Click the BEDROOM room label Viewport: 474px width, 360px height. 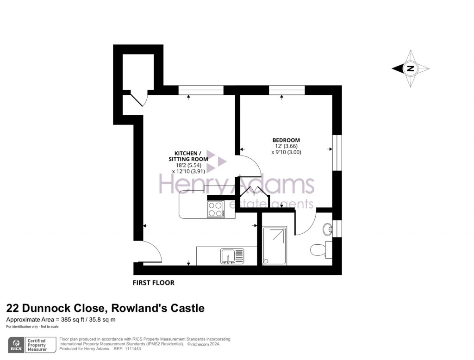[286, 140]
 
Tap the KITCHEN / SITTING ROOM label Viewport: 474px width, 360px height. [187, 156]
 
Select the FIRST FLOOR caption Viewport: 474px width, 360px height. [154, 283]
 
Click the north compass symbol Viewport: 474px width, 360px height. [411, 69]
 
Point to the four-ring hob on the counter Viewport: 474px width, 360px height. [216, 209]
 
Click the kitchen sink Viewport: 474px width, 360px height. [232, 256]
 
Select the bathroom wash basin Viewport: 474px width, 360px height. [328, 228]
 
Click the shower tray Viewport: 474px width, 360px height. [274, 246]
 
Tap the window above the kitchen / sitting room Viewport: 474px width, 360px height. [200, 90]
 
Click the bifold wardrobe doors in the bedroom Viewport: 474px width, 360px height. [252, 191]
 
